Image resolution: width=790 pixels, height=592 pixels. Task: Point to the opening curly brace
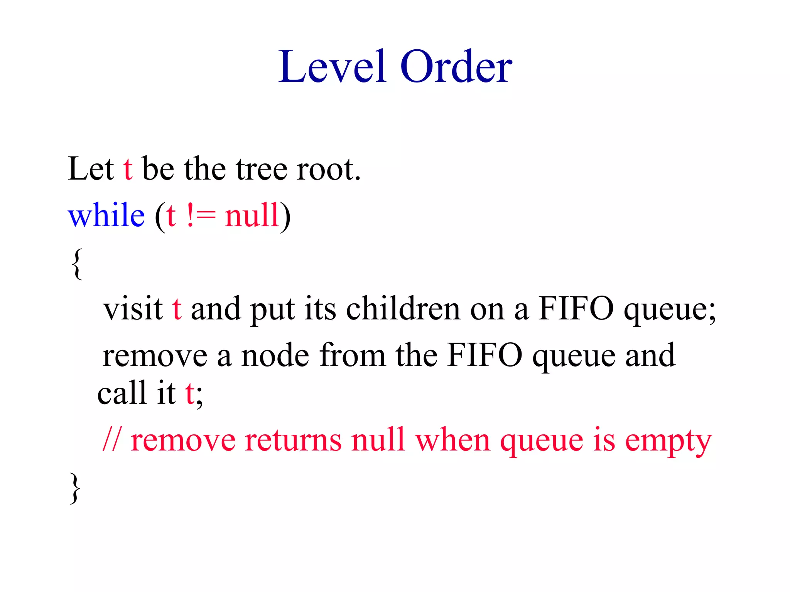[x=77, y=264]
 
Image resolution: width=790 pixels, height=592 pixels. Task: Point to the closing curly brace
[x=75, y=488]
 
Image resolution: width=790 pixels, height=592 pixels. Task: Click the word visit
[x=133, y=309]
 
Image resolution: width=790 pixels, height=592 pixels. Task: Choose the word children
[x=403, y=309]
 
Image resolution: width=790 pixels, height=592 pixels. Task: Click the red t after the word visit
[x=177, y=309]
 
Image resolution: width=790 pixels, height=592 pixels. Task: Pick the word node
[x=275, y=355]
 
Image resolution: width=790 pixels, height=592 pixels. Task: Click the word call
[x=122, y=393]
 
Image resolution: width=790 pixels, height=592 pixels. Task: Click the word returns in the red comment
[x=293, y=440]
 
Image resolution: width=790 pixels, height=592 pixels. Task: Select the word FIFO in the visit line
[x=576, y=309]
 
